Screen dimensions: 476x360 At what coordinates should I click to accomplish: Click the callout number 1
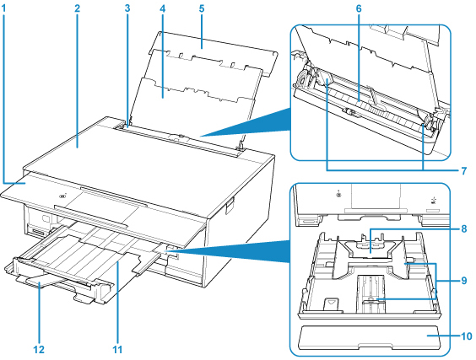coord(3,8)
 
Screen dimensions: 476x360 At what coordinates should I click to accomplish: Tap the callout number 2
coord(78,8)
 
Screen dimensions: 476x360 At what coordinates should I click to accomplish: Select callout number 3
coord(127,8)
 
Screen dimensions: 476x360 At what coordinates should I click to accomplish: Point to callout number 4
coord(163,8)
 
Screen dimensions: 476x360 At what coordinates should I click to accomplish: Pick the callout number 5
coord(202,8)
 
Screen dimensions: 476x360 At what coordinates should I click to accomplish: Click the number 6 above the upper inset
coord(359,8)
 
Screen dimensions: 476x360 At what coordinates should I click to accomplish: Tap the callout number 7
coord(464,171)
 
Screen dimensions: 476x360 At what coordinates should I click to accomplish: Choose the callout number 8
coord(464,228)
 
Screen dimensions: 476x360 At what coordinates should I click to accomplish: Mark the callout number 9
coord(464,281)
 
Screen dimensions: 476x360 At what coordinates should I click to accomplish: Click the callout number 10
coord(467,336)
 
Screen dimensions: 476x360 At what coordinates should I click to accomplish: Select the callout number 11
coord(117,349)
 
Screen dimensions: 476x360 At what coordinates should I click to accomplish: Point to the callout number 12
coord(39,349)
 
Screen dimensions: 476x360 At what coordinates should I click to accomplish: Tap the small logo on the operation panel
coord(63,196)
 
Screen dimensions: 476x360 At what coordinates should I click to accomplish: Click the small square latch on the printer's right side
coord(230,207)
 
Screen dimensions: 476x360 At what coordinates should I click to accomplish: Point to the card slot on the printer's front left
coord(39,233)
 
